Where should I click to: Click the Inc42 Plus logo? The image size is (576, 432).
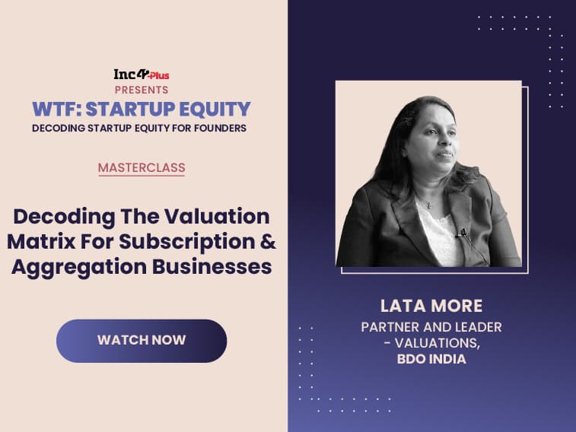(x=142, y=75)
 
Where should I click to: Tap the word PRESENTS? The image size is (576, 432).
(x=142, y=90)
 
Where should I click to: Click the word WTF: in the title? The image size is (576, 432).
(x=56, y=109)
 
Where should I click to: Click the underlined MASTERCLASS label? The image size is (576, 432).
(x=142, y=168)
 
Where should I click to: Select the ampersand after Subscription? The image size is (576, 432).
(x=269, y=242)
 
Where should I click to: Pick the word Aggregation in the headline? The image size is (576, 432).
(x=79, y=267)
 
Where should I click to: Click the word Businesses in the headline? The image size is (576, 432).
(x=212, y=266)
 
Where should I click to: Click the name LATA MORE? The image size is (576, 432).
(x=431, y=306)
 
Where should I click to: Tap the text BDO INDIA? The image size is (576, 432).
(x=431, y=359)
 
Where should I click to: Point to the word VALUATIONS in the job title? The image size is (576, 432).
(x=437, y=343)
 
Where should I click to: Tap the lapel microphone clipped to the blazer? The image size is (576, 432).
(x=463, y=232)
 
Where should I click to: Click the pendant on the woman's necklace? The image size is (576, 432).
(x=429, y=206)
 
